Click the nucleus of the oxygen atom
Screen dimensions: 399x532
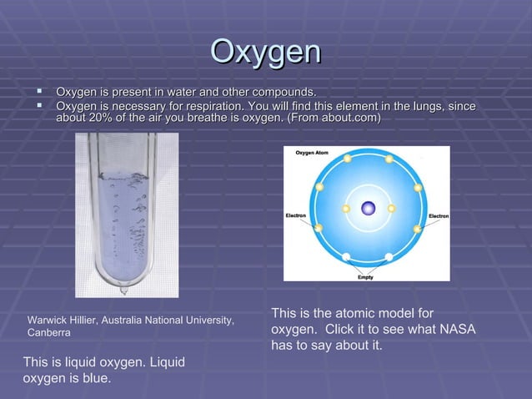point(368,208)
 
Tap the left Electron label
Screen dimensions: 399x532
point(296,215)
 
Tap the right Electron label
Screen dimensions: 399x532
point(439,216)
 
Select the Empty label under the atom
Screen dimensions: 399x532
point(365,276)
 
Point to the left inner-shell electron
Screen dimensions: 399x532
point(345,208)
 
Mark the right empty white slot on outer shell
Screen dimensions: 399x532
point(389,256)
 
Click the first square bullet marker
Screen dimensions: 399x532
point(38,91)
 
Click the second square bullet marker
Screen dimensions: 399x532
point(38,106)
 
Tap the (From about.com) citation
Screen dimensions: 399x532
point(334,119)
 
